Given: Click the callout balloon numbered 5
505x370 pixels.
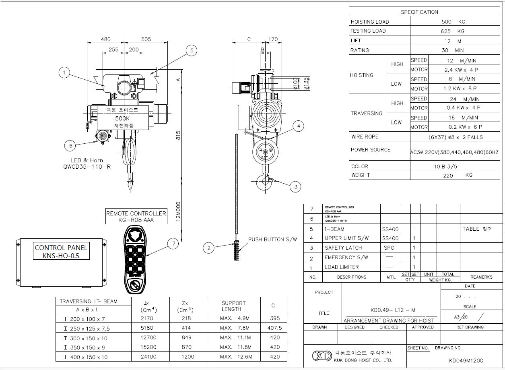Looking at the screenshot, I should click(x=192, y=50).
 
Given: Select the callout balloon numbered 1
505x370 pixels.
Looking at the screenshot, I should click(x=64, y=73).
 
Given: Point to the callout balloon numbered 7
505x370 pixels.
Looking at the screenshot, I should click(x=173, y=243).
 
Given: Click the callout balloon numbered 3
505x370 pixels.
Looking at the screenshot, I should click(x=296, y=186).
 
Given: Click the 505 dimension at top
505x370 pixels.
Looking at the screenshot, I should click(x=146, y=39).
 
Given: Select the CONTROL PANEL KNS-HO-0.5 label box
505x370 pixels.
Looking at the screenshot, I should click(x=61, y=252).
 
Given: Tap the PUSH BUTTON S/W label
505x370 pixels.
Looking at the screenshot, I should click(x=272, y=240).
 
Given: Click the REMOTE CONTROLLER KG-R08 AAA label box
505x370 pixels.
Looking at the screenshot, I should click(x=136, y=217).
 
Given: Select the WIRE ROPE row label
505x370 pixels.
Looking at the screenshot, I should click(x=365, y=137).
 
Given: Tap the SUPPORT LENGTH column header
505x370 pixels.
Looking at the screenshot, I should click(x=233, y=306).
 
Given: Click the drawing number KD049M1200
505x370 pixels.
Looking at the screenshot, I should click(x=466, y=361).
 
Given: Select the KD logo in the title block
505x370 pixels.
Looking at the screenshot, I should click(x=322, y=356).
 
